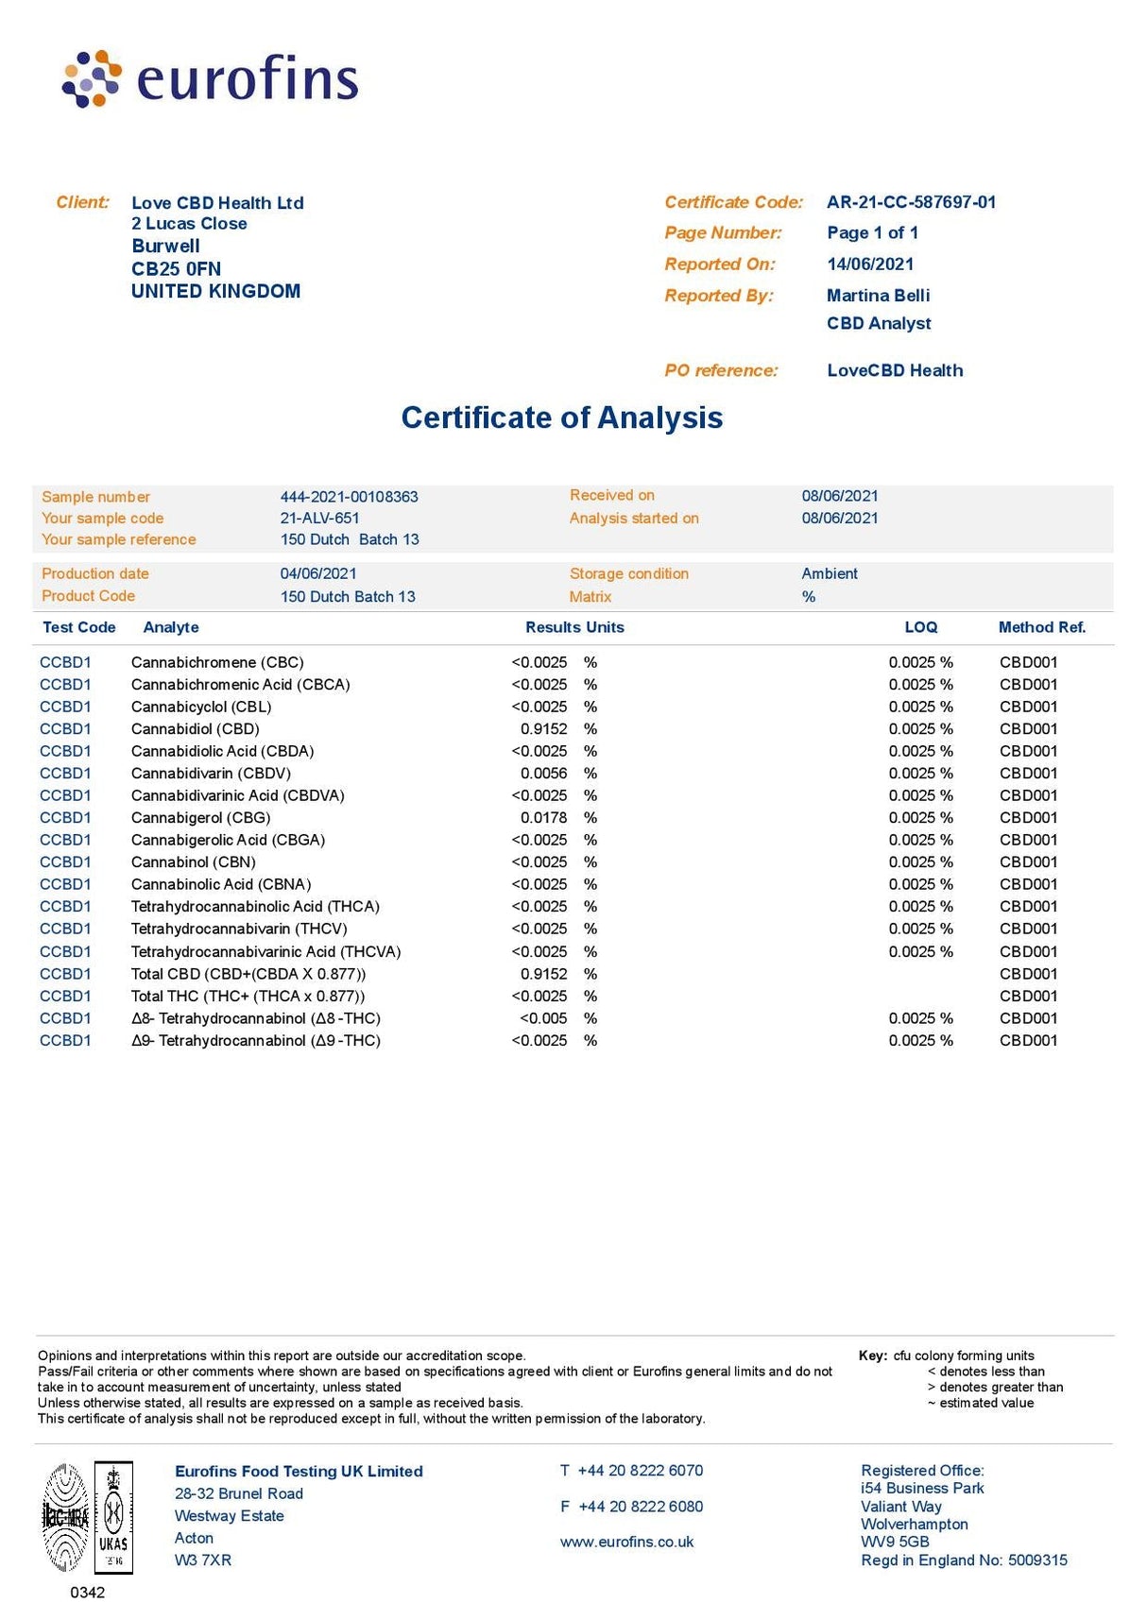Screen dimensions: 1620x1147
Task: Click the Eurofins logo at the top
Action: (x=210, y=79)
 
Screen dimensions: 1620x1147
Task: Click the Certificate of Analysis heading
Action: (x=562, y=418)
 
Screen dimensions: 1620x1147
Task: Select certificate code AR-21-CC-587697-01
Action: (x=911, y=202)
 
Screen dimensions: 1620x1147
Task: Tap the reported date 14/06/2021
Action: (x=870, y=264)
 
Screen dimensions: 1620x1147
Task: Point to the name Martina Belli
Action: (x=878, y=296)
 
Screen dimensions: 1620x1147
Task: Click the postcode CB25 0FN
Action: (x=177, y=268)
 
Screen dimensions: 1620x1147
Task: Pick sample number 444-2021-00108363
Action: (x=349, y=497)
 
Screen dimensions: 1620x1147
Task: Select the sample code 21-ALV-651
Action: (x=319, y=518)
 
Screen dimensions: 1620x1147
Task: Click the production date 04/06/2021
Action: (x=318, y=573)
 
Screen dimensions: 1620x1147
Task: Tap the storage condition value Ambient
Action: (x=830, y=573)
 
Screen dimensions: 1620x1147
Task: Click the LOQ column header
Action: (x=920, y=627)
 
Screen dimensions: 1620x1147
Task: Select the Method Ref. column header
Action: (x=1042, y=627)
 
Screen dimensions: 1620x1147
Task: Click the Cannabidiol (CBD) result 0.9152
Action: (x=543, y=729)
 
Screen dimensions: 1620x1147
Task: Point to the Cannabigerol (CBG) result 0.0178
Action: (x=543, y=818)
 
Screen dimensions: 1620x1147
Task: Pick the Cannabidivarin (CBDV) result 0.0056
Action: (x=543, y=774)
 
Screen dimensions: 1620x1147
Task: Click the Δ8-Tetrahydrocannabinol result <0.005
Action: (x=543, y=1018)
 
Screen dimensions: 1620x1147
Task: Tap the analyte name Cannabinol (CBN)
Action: (x=194, y=862)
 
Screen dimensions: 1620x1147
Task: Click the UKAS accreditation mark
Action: (x=113, y=1517)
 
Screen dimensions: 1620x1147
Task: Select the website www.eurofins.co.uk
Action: (x=626, y=1542)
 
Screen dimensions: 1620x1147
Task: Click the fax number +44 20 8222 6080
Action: (x=641, y=1507)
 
